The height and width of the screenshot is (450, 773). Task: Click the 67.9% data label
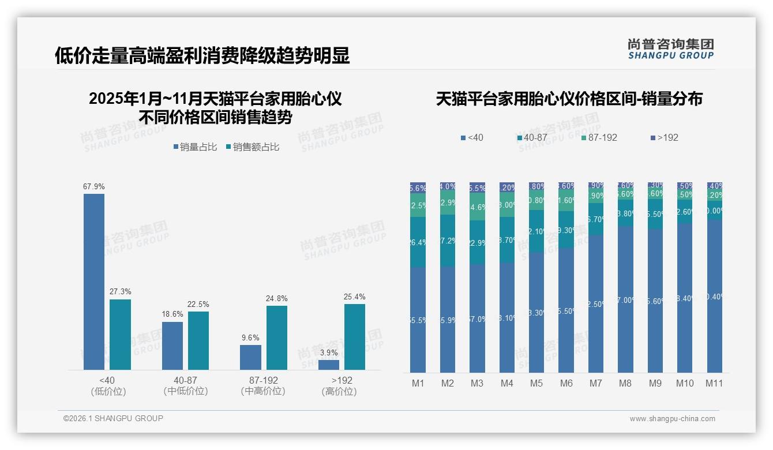click(x=94, y=187)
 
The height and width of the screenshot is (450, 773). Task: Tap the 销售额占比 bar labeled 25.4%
click(x=355, y=337)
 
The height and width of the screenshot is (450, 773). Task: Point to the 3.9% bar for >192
click(x=329, y=365)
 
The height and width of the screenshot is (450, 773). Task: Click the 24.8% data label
click(x=277, y=298)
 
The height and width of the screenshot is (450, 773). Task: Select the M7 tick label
click(x=596, y=384)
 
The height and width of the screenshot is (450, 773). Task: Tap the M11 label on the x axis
click(x=714, y=384)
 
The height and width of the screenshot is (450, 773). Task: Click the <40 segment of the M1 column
click(x=418, y=320)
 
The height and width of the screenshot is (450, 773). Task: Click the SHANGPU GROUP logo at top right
click(x=671, y=48)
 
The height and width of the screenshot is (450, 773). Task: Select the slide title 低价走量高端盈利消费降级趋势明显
click(x=202, y=56)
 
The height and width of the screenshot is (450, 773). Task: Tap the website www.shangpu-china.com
click(x=672, y=419)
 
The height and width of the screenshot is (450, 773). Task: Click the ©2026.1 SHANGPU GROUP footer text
click(x=113, y=418)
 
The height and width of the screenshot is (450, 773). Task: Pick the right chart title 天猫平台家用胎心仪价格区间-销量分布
click(x=569, y=99)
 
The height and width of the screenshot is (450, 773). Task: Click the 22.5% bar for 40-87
click(x=198, y=340)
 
